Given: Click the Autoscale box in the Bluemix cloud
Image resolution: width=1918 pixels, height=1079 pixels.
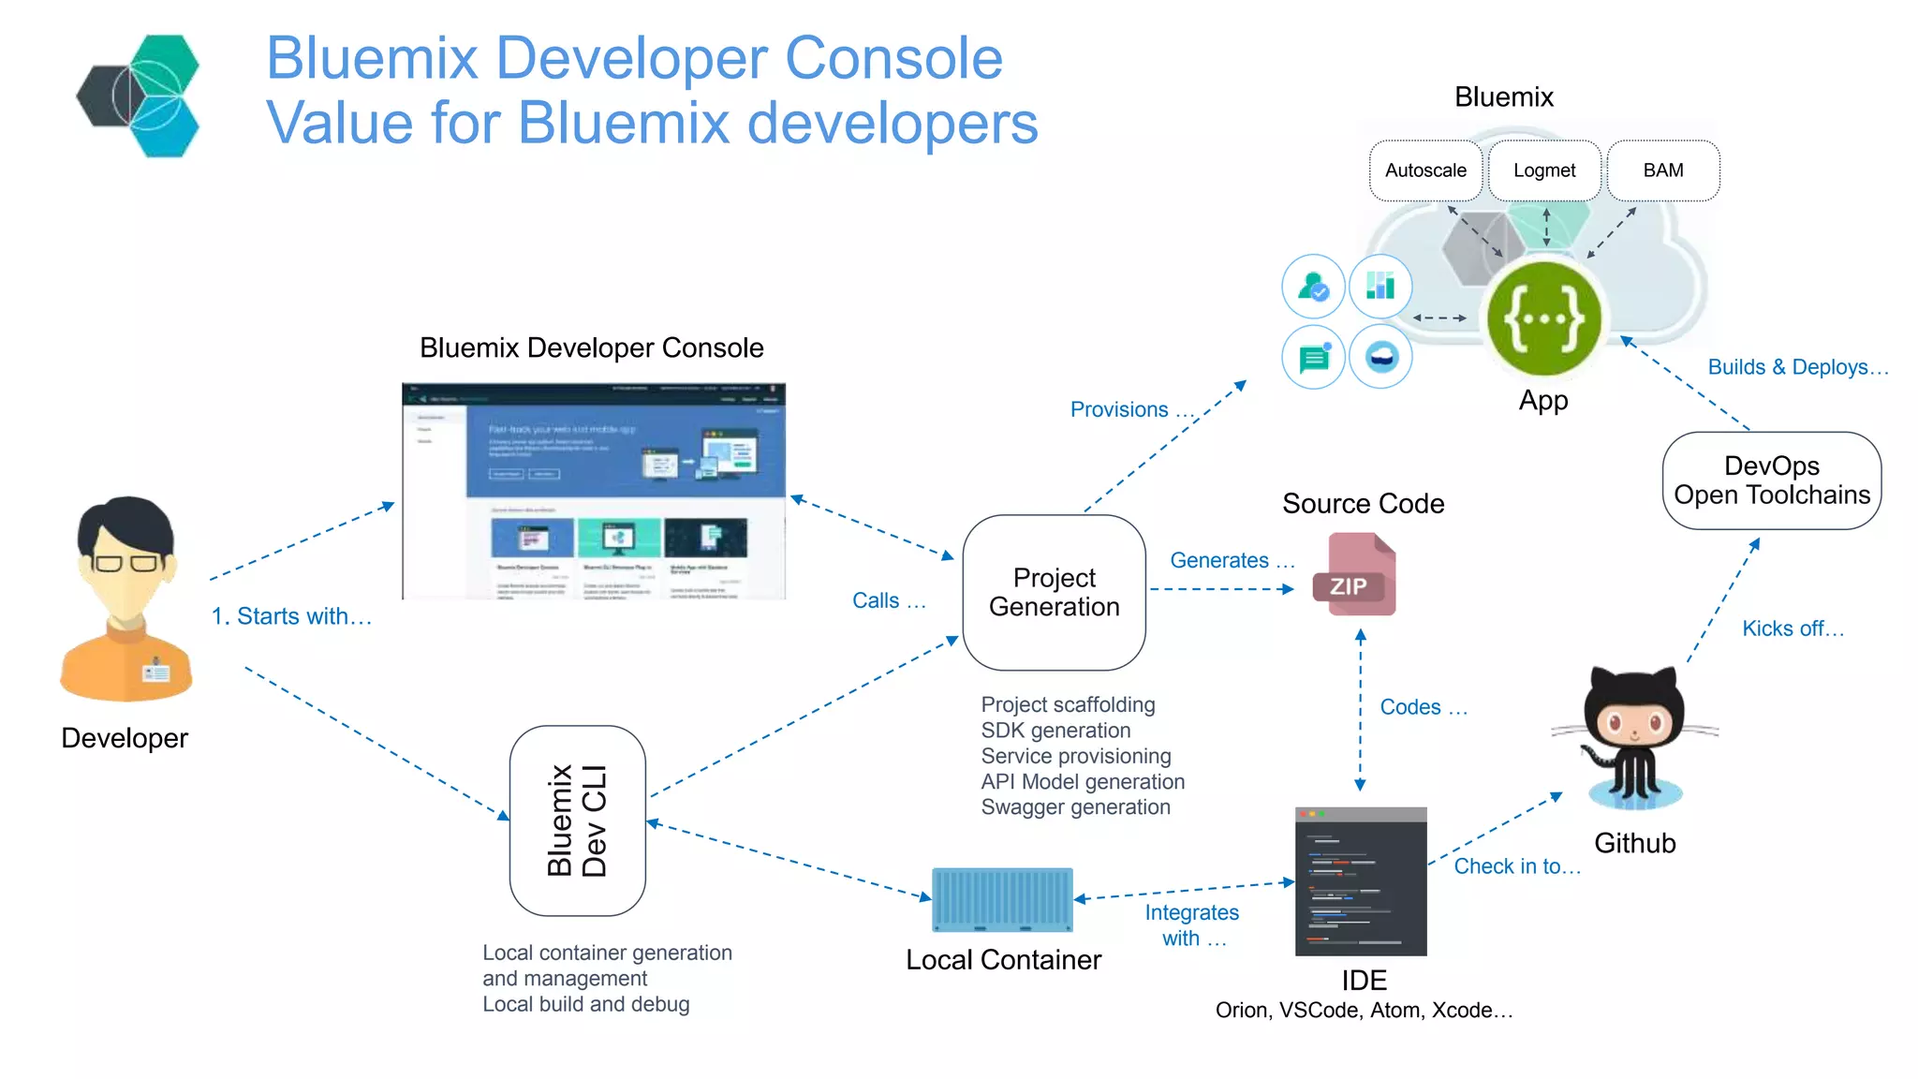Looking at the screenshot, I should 1425,170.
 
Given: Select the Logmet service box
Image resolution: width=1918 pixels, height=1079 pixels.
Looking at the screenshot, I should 1544,170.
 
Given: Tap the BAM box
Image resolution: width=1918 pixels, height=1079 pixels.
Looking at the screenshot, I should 1663,170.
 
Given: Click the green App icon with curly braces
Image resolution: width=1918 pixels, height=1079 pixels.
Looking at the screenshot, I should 1543,318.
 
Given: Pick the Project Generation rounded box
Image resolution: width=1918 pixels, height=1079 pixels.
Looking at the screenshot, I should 1054,592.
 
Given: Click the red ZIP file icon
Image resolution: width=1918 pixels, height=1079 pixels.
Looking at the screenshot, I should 1354,575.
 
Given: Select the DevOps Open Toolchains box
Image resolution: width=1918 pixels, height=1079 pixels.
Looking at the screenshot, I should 1771,480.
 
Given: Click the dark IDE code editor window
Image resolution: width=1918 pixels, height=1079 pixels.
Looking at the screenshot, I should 1361,881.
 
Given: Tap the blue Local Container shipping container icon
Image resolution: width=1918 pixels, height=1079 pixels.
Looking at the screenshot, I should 1002,899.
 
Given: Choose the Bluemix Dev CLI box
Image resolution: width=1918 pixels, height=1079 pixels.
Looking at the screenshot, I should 577,820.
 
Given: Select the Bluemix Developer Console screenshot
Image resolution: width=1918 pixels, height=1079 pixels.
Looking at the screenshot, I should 594,491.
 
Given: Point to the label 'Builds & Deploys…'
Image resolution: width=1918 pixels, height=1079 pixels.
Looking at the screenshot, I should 1797,367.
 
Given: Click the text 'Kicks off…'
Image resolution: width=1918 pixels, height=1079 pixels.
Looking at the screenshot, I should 1793,628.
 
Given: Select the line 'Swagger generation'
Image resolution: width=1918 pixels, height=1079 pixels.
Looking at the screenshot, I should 1075,807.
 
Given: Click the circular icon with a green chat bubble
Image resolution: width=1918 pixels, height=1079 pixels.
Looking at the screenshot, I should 1313,357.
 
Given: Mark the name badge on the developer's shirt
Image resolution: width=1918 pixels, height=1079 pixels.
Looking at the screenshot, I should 155,672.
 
